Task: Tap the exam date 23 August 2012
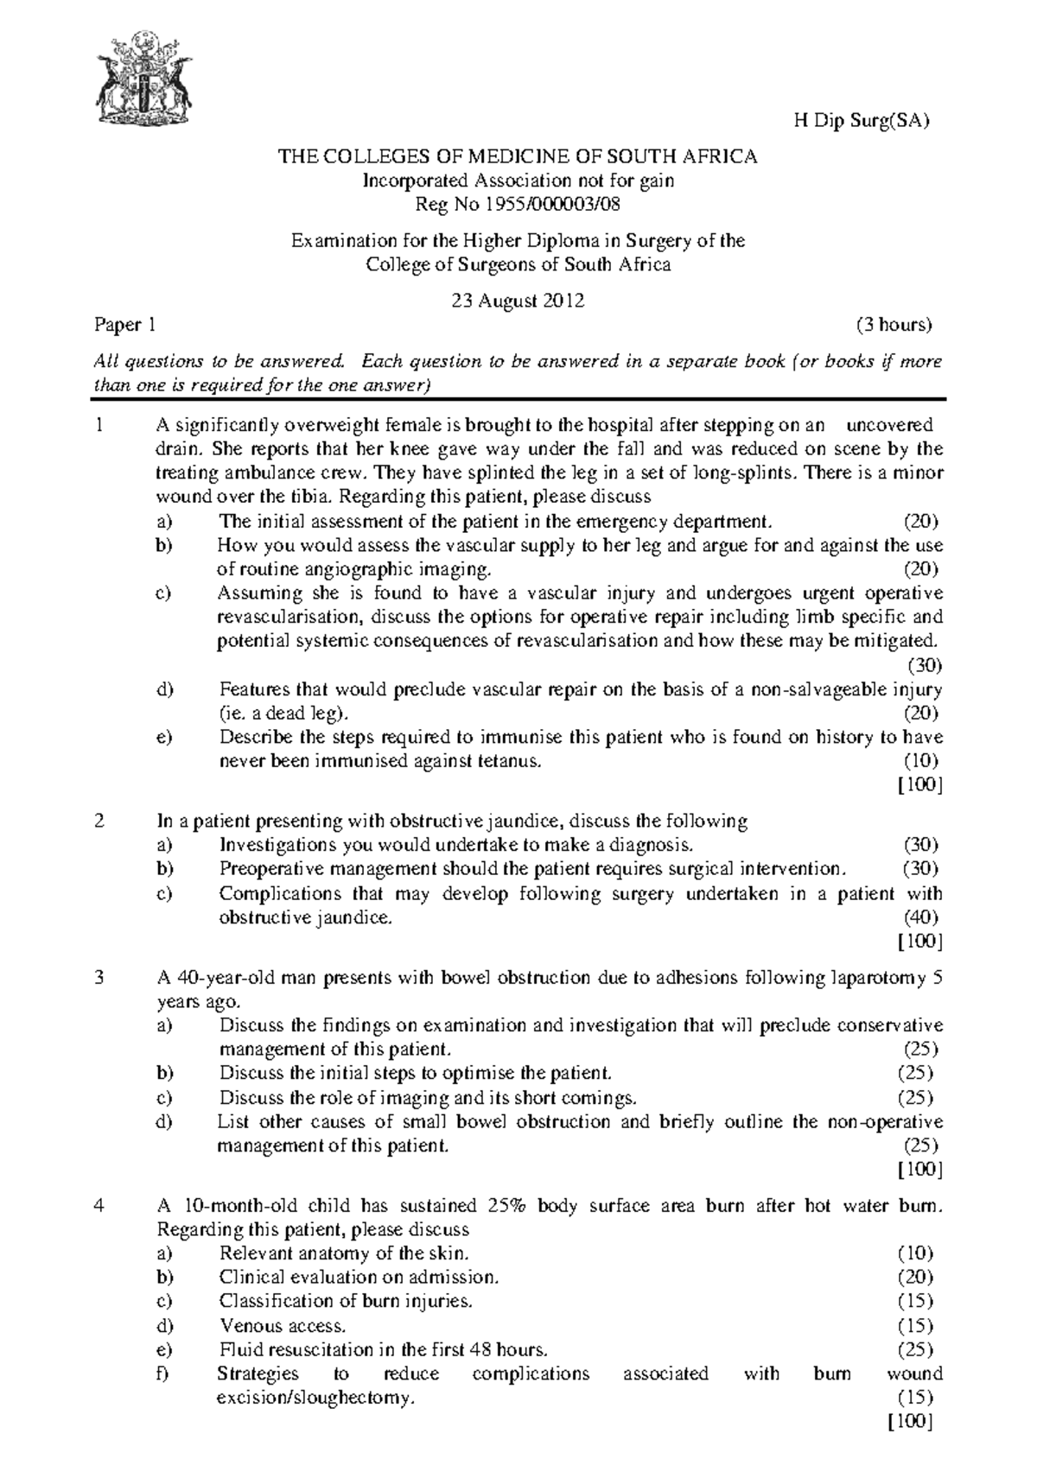tap(518, 301)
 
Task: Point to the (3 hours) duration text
tap(894, 326)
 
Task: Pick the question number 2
tap(100, 821)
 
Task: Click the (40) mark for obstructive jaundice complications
tap(921, 917)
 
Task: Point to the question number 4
tap(100, 1205)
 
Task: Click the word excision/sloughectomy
tap(316, 1398)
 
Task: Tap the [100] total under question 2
tap(920, 941)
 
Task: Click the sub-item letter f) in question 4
tap(164, 1373)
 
